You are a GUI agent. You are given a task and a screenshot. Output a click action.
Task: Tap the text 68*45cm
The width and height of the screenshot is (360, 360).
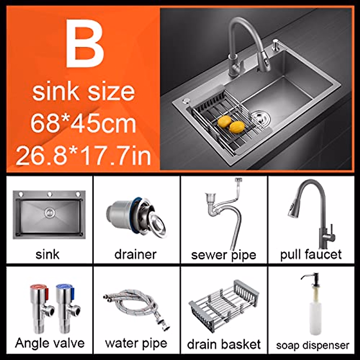point(83,123)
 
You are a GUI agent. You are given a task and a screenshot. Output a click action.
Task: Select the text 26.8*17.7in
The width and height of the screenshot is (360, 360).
point(83,156)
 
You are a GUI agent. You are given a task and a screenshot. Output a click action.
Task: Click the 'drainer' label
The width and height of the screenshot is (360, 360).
point(135,254)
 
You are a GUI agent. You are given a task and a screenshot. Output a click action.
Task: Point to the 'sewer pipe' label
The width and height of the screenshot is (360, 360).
point(223,255)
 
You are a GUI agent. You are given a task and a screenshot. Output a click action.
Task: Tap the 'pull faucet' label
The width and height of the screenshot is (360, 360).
point(311,254)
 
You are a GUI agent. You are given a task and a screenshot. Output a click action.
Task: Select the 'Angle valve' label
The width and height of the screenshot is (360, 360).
point(50,343)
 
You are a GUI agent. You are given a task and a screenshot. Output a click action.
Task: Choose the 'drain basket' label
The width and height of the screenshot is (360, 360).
point(224,344)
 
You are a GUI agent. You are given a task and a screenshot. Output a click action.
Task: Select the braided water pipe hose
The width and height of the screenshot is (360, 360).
point(132,306)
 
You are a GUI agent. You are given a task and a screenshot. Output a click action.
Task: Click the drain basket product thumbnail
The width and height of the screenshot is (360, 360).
point(223,303)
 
